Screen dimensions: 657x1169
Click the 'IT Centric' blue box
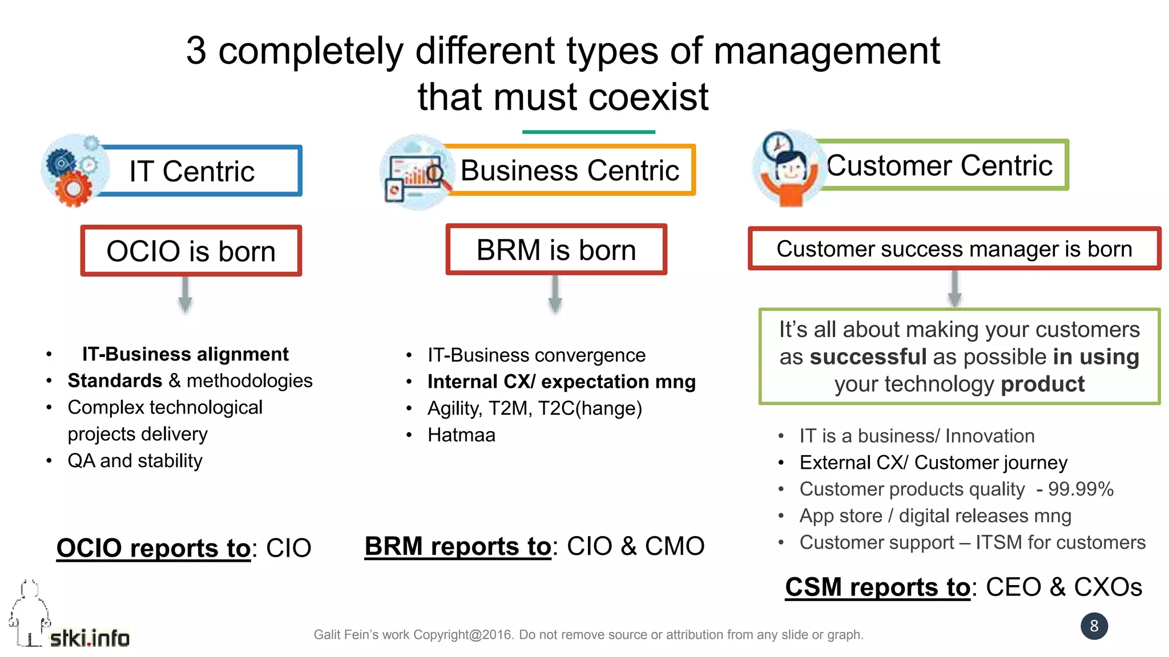click(200, 171)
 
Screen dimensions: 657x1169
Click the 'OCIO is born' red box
click(191, 251)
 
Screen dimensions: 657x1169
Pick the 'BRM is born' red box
click(556, 250)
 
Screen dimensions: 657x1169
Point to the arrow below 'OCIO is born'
click(185, 295)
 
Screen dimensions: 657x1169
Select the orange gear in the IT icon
click(73, 189)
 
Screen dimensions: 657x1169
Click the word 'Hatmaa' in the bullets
click(461, 435)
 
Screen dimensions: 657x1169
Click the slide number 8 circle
click(1094, 626)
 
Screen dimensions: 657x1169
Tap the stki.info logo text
click(90, 638)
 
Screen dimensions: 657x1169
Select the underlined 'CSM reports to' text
click(877, 587)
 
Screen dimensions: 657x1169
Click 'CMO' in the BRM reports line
click(675, 546)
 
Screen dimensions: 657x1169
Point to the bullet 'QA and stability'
click(135, 461)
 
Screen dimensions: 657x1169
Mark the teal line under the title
click(588, 132)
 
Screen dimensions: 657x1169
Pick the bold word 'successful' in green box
click(868, 357)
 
